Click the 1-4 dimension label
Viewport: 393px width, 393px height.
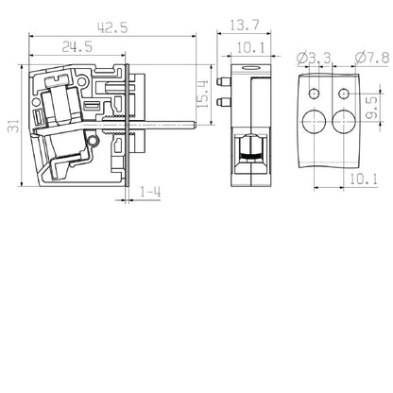coord(149,196)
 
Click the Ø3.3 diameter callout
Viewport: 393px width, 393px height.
coord(312,59)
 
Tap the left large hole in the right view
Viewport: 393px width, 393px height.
coord(315,120)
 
